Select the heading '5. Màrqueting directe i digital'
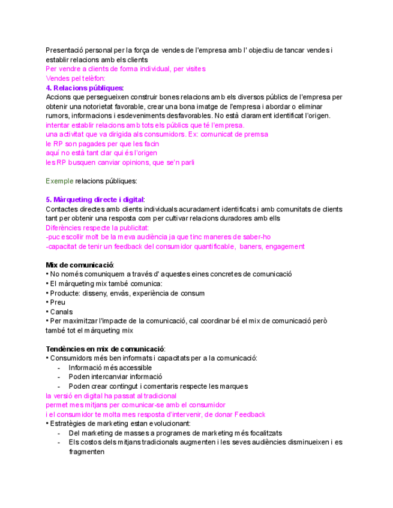coord(95,199)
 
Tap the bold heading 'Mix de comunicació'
coord(80,265)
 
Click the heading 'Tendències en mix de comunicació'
coord(105,349)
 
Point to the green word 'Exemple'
coord(59,180)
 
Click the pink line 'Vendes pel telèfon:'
coord(76,78)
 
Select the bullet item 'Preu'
coord(58,303)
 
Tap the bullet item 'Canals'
coord(61,312)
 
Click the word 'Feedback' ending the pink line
coord(250,415)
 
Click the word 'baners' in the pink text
coord(242,246)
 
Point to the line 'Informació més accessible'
coord(110,368)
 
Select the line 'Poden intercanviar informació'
coord(115,377)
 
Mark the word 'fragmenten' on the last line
coord(87,452)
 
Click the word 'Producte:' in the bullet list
coord(65,293)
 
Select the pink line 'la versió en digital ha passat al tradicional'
coord(111,396)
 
